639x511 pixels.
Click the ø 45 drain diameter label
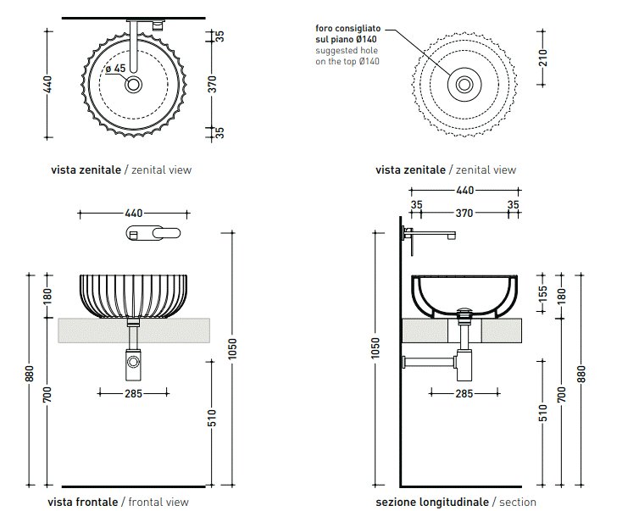[115, 69]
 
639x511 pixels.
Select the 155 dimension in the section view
[543, 294]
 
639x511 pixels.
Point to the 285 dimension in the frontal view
[133, 393]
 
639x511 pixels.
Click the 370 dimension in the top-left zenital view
[213, 84]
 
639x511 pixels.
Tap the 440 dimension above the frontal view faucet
[133, 214]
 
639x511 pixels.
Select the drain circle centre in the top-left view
[134, 85]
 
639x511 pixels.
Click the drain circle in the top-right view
[464, 85]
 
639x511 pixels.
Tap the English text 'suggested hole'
[345, 51]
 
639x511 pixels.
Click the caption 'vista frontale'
[83, 502]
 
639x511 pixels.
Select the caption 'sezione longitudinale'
[432, 502]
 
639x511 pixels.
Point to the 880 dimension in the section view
[581, 374]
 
